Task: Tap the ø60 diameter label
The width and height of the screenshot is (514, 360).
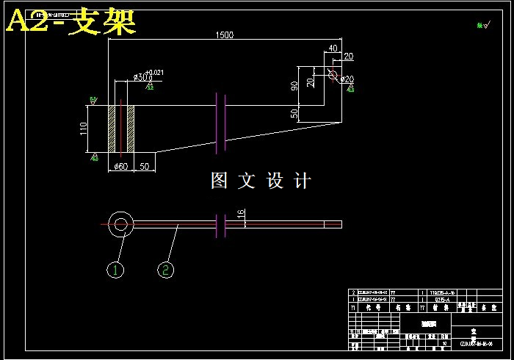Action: (121, 167)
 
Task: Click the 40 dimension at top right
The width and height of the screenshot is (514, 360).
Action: (333, 48)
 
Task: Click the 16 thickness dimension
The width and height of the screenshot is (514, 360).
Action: (241, 214)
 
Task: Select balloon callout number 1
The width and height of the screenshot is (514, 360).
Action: (115, 270)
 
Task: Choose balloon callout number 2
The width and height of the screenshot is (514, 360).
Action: (166, 270)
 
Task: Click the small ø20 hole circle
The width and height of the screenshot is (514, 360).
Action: (333, 75)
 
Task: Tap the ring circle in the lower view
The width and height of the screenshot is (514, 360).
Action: (120, 223)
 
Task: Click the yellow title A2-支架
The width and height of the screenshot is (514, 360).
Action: (71, 22)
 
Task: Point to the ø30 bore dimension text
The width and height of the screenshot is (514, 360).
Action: (141, 77)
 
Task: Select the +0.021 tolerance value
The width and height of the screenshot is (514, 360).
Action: (155, 72)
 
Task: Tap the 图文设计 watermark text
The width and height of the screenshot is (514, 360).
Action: (261, 181)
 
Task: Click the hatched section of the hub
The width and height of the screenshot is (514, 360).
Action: (121, 129)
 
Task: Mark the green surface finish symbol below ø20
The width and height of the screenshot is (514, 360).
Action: (350, 90)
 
